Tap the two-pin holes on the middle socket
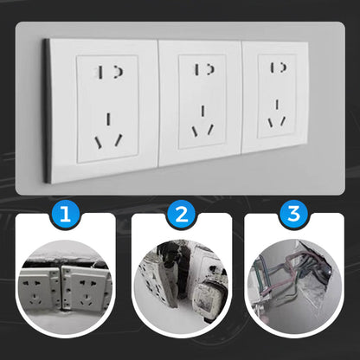point(202,69)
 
